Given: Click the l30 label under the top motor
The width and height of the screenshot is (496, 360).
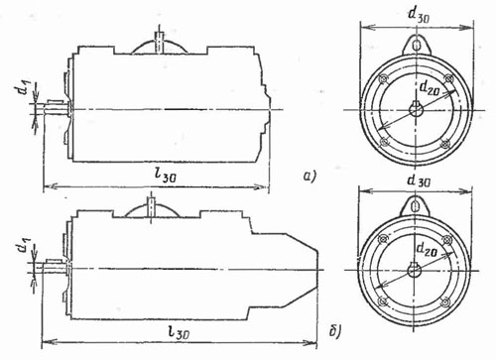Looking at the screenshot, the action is coord(166,177).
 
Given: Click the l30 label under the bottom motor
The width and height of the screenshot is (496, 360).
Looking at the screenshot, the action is coord(179,332).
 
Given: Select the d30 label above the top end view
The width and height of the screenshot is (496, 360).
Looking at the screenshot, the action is coord(418,16).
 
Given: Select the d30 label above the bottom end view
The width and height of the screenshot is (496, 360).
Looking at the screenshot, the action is coord(419,181).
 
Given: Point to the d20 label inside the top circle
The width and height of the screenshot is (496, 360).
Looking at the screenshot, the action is coord(430,88).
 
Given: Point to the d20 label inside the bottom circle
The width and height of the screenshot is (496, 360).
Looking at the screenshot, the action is coord(427,249).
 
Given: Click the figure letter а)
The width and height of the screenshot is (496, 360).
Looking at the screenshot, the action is coord(310,176).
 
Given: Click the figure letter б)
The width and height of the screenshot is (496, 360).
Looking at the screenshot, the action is coord(334,331).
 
